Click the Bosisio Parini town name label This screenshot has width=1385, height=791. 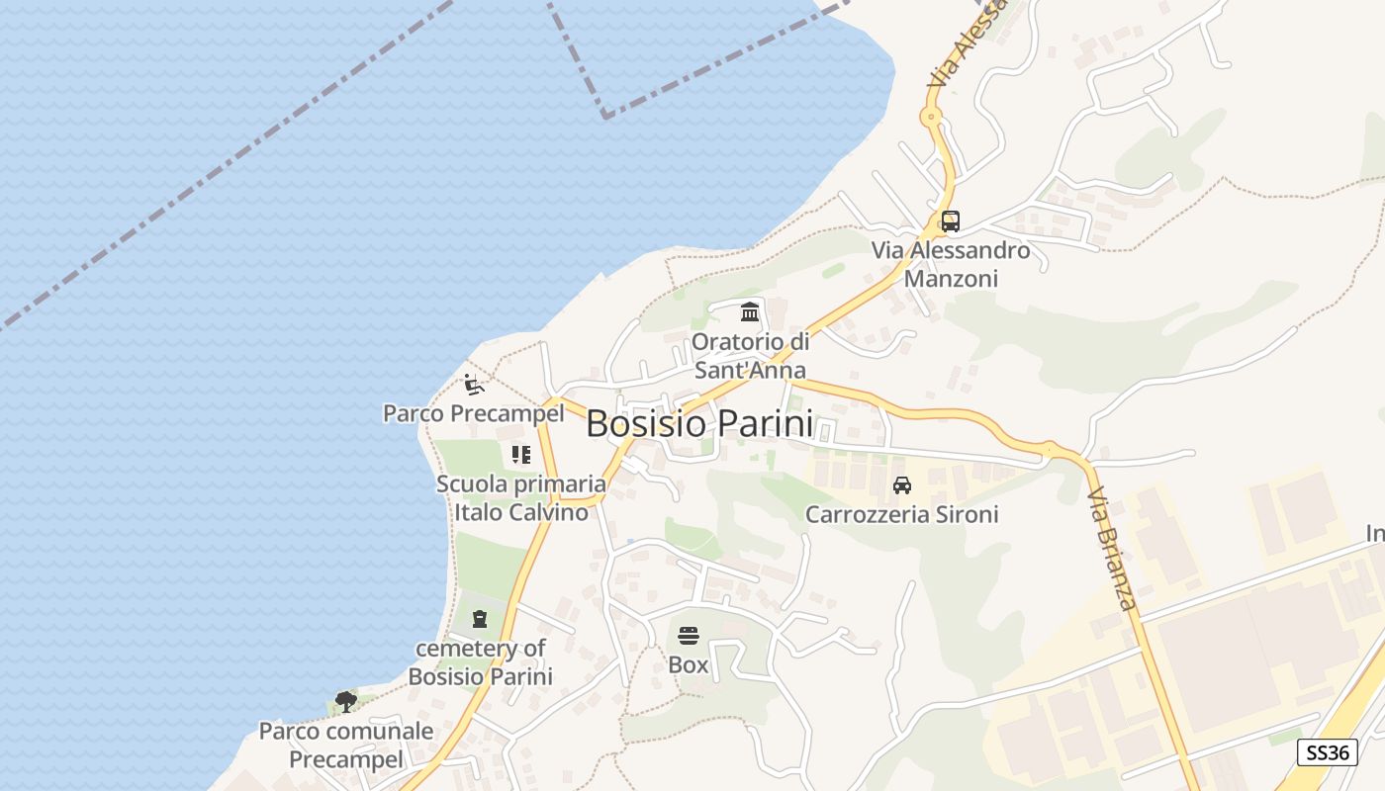click(x=699, y=423)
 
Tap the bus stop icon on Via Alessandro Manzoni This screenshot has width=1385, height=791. click(x=950, y=221)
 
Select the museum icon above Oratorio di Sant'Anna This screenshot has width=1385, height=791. click(x=750, y=312)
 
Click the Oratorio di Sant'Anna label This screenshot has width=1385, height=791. click(x=750, y=356)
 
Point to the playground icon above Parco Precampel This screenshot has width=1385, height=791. click(x=474, y=384)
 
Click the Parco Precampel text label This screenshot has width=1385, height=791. click(x=473, y=413)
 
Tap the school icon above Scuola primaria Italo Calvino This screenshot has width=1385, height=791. click(x=520, y=455)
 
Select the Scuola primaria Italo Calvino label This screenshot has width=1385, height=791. click(x=520, y=498)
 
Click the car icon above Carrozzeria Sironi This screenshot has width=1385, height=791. click(x=901, y=485)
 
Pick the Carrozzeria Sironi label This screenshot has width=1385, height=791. click(x=901, y=514)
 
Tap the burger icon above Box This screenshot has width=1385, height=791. click(x=689, y=635)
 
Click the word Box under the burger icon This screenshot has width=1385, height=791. click(x=689, y=664)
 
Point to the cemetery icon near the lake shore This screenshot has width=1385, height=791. click(x=480, y=619)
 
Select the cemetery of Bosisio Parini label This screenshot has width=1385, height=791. click(x=480, y=662)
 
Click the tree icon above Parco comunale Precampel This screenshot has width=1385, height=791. click(x=345, y=702)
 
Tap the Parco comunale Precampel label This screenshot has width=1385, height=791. click(x=345, y=746)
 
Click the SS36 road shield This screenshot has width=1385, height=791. click(x=1327, y=752)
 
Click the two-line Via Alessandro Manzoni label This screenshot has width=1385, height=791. click(x=951, y=264)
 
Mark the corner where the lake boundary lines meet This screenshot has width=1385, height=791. click(x=605, y=116)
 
